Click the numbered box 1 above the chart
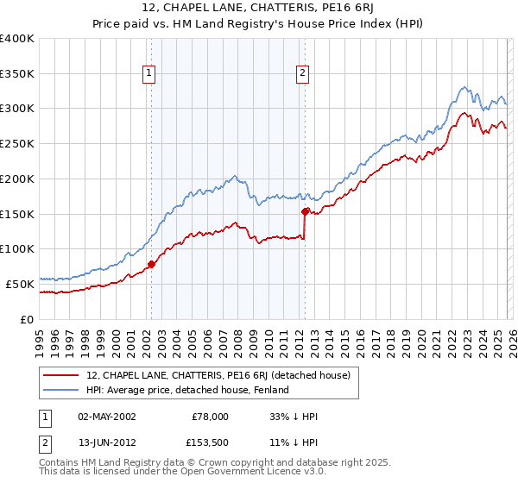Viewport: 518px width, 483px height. pos(150,74)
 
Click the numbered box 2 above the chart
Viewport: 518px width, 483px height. pos(303,74)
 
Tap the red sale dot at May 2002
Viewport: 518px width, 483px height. pos(151,264)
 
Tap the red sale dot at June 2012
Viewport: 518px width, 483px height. pos(305,211)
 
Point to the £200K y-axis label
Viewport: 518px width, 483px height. pos(16,179)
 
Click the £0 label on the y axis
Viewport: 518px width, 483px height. pos(28,319)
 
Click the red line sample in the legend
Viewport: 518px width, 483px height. pos(61,375)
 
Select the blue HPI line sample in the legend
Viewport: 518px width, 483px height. pos(61,391)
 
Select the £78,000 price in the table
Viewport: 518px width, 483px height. pos(210,417)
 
